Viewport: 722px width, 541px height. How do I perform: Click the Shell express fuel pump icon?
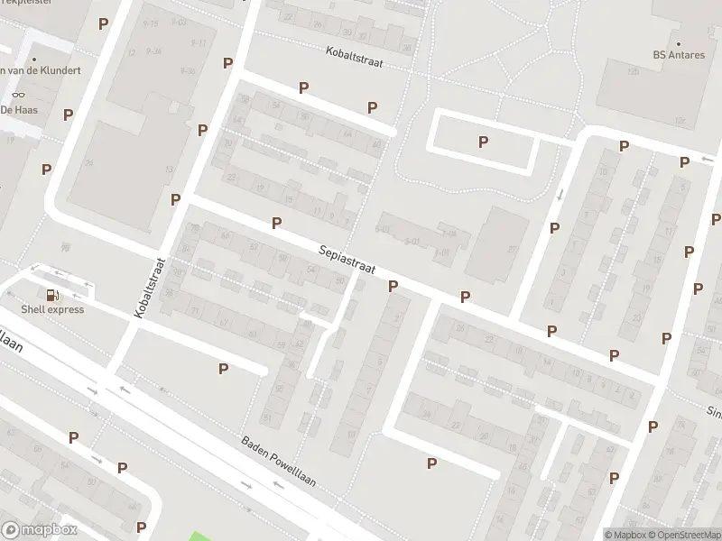tap(52, 295)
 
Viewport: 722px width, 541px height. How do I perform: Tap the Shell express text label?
tap(53, 310)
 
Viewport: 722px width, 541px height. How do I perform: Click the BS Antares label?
tap(679, 55)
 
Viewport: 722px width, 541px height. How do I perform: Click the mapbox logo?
tap(39, 530)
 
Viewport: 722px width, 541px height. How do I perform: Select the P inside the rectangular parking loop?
tap(483, 142)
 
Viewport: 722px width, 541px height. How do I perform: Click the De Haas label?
tap(17, 109)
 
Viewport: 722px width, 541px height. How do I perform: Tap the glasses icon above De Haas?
tap(18, 95)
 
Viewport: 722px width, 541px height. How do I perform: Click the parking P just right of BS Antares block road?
tap(624, 146)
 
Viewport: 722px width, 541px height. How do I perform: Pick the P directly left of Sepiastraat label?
tap(276, 223)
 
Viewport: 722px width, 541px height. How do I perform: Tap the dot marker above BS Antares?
tap(679, 42)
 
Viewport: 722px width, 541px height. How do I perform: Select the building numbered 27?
tap(511, 250)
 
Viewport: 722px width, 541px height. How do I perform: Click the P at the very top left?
tap(103, 23)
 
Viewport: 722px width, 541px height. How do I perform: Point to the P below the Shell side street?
tap(223, 368)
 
